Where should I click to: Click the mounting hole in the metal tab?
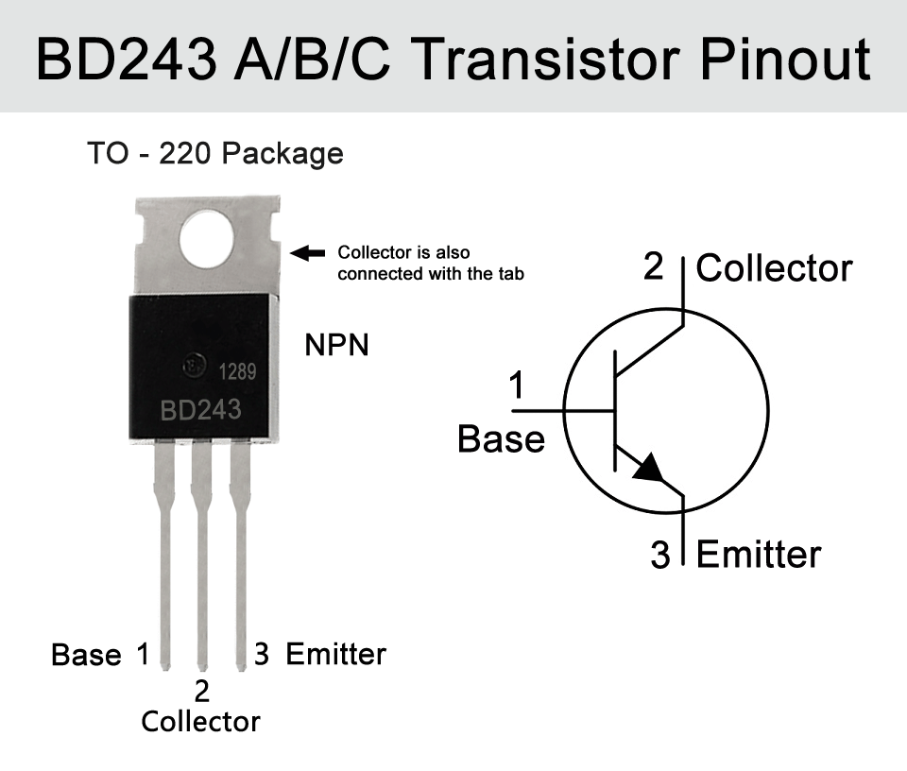(x=207, y=239)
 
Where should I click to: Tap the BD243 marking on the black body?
(x=200, y=410)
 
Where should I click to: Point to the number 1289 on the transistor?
(x=237, y=371)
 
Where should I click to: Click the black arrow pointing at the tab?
(x=307, y=253)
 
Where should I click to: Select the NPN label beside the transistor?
(x=336, y=345)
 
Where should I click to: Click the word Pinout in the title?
(x=785, y=59)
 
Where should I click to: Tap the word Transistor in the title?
(x=548, y=59)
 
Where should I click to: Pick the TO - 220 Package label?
(x=215, y=154)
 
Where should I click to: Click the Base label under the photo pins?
(x=86, y=655)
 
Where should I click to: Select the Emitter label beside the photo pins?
(x=336, y=654)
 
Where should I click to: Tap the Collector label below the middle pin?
(x=200, y=722)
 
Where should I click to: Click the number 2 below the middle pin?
(x=201, y=692)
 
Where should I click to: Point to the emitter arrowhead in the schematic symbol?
(x=649, y=468)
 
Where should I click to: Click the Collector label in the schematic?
(x=774, y=268)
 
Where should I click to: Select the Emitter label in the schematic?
(x=759, y=554)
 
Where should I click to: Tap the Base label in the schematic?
(x=501, y=439)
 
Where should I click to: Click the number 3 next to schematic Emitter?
(x=660, y=555)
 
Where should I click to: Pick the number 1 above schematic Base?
(x=517, y=385)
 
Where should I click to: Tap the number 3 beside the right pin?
(x=262, y=654)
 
